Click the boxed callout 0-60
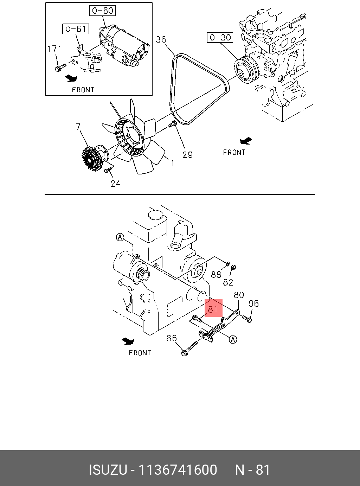[x=102, y=11]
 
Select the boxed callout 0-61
[x=76, y=29]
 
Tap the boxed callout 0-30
[x=220, y=37]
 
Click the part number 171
[x=54, y=49]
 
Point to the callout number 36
[x=161, y=39]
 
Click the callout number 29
[x=187, y=155]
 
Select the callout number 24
[x=115, y=183]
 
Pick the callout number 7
[x=78, y=127]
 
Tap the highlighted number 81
[x=213, y=309]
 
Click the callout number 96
[x=253, y=303]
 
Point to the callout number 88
[x=216, y=274]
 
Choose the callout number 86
[x=171, y=338]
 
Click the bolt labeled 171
[x=60, y=67]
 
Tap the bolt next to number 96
[x=247, y=319]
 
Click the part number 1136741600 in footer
[x=178, y=470]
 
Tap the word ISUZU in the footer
[x=108, y=470]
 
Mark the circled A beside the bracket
[x=233, y=339]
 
